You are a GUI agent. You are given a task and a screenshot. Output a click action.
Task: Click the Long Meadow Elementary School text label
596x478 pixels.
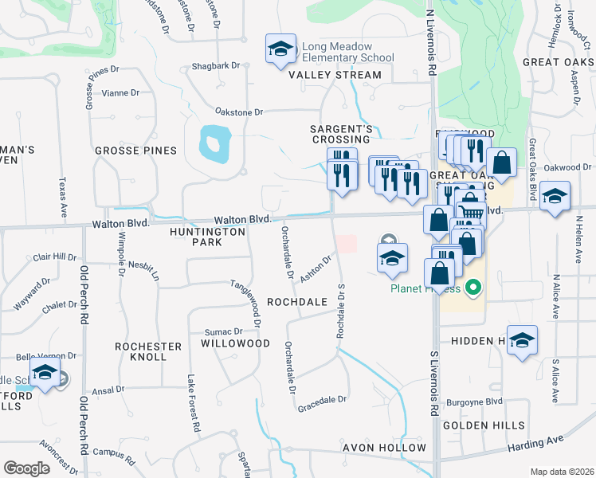point(347,52)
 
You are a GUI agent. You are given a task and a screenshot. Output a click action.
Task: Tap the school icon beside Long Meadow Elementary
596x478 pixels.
point(280,49)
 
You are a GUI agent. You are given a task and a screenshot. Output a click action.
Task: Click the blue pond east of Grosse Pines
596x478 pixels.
point(212,143)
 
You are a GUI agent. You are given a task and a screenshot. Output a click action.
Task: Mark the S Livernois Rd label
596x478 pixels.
point(434,382)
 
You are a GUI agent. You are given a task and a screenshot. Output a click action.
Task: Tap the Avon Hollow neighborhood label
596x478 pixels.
point(385,448)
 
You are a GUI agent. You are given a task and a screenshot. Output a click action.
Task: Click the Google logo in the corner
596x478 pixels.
point(27,468)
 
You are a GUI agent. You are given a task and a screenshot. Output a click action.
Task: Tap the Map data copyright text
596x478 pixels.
point(561,472)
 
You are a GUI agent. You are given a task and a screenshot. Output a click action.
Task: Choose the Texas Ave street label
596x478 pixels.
point(61,198)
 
